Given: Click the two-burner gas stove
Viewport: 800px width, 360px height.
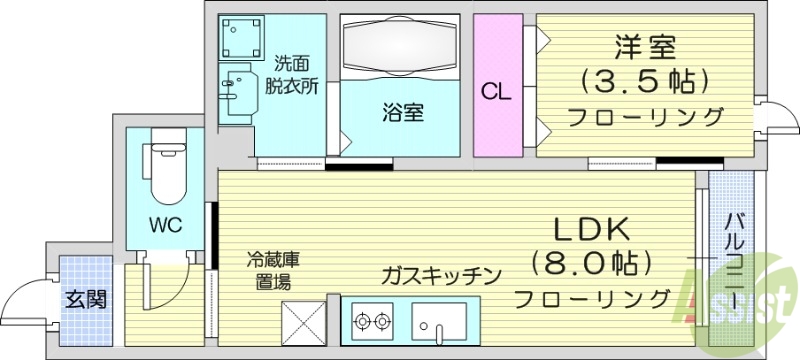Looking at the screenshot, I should [x=372, y=322].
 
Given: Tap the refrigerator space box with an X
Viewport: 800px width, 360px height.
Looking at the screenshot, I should [x=304, y=322].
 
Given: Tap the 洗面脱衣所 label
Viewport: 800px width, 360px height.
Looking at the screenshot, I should [x=292, y=75].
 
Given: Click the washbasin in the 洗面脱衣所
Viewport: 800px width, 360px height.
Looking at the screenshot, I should [x=236, y=92].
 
